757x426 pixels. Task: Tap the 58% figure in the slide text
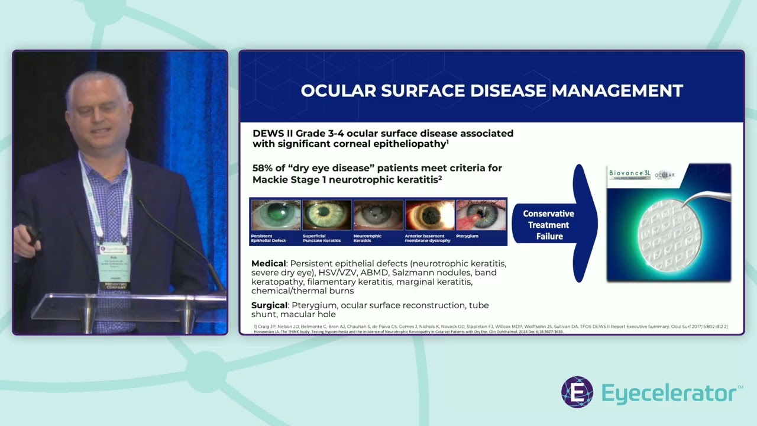[264, 168]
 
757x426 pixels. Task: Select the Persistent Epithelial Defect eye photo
[276, 215]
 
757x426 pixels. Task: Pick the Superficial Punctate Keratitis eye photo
[326, 215]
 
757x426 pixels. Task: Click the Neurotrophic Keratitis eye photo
[378, 215]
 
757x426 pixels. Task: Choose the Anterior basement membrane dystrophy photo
[429, 215]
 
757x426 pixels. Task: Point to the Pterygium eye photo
[481, 215]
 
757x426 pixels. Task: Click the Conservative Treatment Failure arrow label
[548, 225]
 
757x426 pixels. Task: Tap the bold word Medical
[268, 263]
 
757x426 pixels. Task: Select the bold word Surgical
[269, 305]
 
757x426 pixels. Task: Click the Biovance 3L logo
[630, 174]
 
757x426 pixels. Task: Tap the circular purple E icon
[577, 392]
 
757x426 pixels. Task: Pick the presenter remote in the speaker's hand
[31, 234]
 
